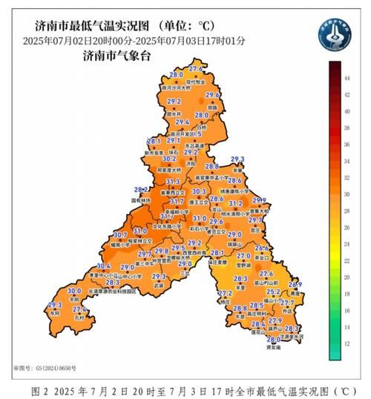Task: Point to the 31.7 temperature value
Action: pos(177,202)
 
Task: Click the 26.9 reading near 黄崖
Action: pos(295,285)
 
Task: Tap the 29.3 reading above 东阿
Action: pos(54,306)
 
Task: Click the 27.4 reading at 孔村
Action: pos(79,309)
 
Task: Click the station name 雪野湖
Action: pos(243,264)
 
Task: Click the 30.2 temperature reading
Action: pos(169,158)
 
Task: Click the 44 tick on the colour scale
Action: pos(346,76)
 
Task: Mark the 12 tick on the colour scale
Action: pos(346,343)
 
